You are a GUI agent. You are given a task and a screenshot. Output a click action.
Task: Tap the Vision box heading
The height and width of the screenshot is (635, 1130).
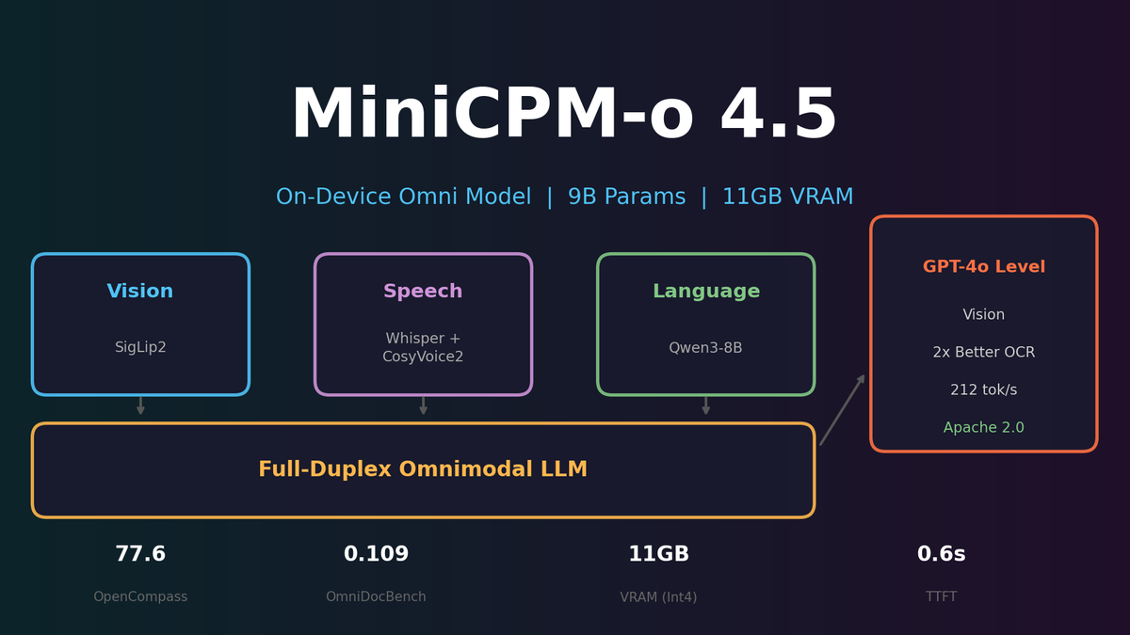[x=140, y=292]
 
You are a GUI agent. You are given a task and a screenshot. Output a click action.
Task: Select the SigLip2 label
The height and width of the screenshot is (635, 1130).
[x=140, y=348]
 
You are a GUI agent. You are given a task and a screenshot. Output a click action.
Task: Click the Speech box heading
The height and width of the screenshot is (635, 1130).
[x=423, y=292]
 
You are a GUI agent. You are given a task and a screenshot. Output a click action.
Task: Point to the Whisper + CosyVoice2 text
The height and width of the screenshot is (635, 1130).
[x=423, y=348]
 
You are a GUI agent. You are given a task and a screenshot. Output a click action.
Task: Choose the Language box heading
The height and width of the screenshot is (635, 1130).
[x=705, y=292]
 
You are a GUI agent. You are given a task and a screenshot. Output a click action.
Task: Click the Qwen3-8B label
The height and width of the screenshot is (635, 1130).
[x=705, y=348]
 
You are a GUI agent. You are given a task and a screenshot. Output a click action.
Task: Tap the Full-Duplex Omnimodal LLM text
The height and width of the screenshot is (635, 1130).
[x=423, y=469]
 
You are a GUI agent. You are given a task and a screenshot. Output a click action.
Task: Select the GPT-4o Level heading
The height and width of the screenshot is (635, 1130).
[x=984, y=267]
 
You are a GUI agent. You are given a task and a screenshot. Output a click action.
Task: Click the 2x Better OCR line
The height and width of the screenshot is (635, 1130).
[x=984, y=353]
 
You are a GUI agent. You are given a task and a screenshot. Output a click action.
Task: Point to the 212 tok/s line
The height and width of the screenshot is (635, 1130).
[x=984, y=390]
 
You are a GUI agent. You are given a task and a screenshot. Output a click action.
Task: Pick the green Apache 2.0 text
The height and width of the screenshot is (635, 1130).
[x=984, y=428]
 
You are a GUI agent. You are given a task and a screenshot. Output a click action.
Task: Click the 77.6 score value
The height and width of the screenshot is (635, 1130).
[x=140, y=555]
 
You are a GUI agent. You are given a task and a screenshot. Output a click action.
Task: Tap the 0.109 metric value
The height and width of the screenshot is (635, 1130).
[x=376, y=555]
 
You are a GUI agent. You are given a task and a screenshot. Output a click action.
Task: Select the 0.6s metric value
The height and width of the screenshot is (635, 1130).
[x=941, y=555]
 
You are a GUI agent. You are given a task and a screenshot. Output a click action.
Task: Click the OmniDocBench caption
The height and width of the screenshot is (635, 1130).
[x=376, y=597]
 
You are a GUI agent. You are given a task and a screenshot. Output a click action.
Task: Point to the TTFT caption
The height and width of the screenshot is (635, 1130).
[x=941, y=597]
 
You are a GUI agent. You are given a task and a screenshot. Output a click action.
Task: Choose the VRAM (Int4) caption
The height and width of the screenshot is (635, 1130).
[x=658, y=597]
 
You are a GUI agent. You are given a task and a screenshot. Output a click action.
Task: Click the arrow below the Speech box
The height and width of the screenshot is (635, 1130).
[x=423, y=406]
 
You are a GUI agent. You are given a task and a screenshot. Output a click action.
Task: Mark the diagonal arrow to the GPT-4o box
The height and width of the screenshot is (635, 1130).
[x=842, y=410]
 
